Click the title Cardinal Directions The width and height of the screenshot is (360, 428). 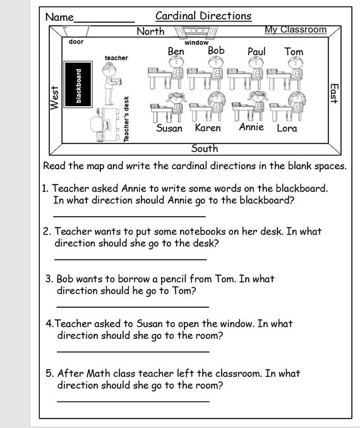point(203,16)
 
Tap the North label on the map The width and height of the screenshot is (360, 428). point(150,31)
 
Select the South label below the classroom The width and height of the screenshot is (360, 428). point(204,149)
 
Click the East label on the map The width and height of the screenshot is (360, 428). point(334,93)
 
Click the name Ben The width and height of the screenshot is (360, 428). point(176,51)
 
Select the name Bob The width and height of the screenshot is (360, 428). point(216,50)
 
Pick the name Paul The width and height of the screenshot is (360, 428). point(256,51)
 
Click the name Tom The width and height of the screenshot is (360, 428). point(294,51)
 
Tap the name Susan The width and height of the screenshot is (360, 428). point(169,128)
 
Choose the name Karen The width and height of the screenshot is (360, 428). point(208,128)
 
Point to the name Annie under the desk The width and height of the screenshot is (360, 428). point(251,127)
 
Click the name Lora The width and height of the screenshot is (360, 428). point(287,128)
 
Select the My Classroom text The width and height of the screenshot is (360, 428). point(296,30)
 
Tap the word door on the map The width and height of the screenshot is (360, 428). point(76,42)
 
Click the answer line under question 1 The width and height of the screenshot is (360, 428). point(129,216)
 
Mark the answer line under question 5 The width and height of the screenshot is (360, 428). point(133,401)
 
